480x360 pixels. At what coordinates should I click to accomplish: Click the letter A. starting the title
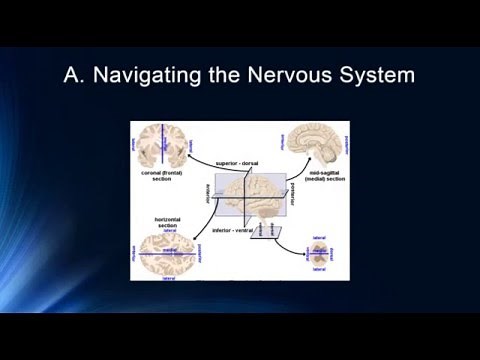(x=76, y=75)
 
